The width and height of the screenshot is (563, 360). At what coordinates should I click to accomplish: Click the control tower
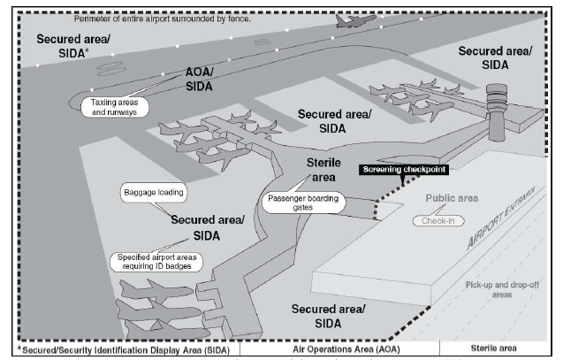[x=498, y=111]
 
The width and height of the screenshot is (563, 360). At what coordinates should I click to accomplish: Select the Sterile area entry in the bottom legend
[x=500, y=349]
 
